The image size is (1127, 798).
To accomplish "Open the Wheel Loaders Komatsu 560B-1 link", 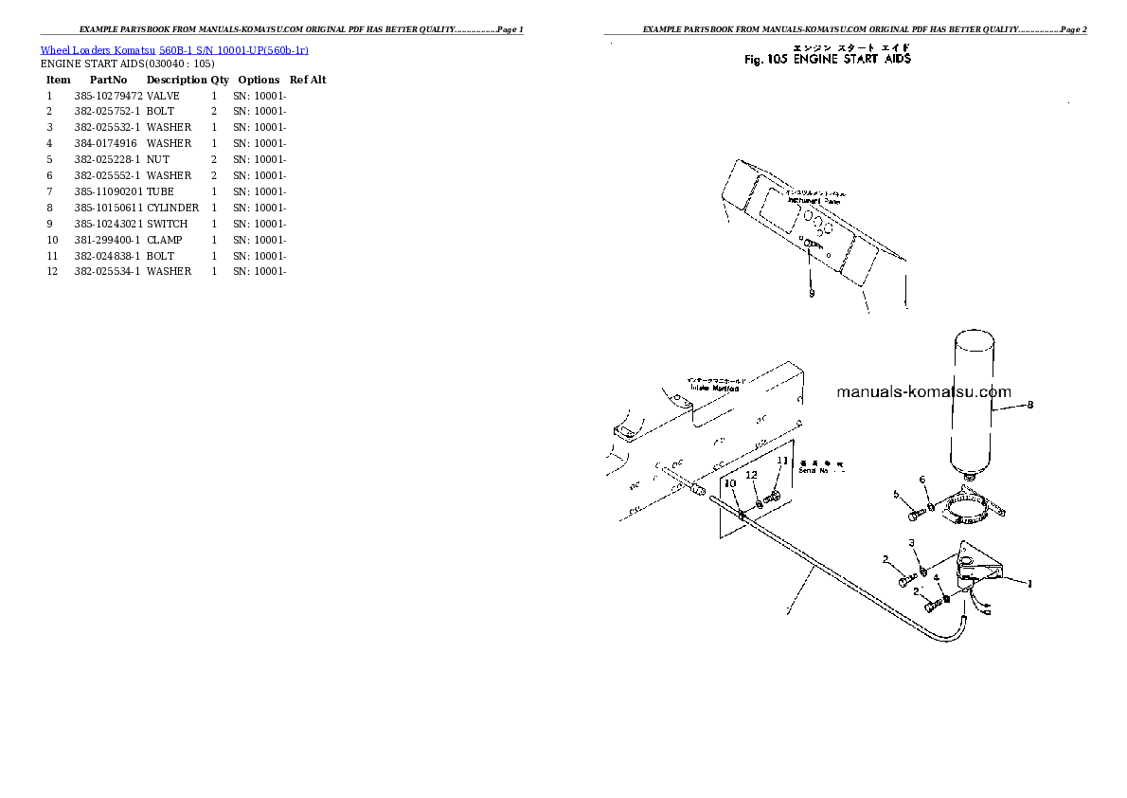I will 173,49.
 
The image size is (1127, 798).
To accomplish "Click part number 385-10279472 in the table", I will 108,96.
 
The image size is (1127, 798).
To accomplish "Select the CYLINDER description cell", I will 172,208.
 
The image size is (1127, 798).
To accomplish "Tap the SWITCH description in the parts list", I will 167,224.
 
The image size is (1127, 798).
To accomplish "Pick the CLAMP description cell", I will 165,240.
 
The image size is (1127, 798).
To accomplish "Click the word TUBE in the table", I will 160,191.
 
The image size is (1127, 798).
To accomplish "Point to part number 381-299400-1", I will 107,240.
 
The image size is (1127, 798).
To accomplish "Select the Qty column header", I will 220,80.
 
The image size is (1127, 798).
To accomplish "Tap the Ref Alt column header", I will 308,80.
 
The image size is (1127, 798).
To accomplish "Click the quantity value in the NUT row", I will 214,159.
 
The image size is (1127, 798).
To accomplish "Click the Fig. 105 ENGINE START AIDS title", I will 828,59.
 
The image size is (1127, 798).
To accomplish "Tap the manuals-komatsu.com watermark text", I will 923,391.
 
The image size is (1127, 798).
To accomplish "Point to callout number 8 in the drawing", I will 1030,405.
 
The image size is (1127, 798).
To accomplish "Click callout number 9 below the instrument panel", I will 811,293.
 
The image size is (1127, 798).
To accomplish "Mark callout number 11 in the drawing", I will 782,461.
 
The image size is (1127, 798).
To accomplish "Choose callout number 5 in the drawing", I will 895,494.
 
